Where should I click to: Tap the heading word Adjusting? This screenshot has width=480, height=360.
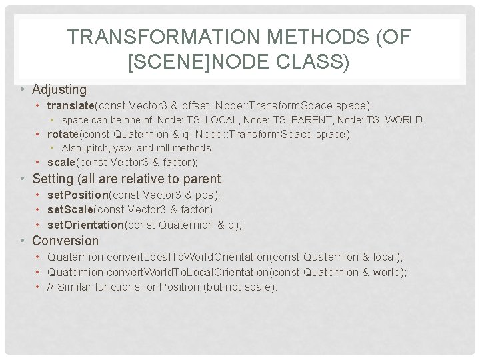click(x=59, y=89)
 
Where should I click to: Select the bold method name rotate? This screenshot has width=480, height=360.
click(x=63, y=134)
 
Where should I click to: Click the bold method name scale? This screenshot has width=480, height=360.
click(x=61, y=162)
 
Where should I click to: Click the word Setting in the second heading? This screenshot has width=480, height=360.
click(x=53, y=179)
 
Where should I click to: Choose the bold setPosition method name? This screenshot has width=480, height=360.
click(x=77, y=195)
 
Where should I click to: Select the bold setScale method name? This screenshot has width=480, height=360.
click(x=71, y=210)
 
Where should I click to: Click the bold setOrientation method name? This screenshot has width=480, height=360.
click(x=85, y=225)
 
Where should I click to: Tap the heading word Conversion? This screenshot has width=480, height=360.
click(x=65, y=241)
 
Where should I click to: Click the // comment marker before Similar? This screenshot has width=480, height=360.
click(x=51, y=287)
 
